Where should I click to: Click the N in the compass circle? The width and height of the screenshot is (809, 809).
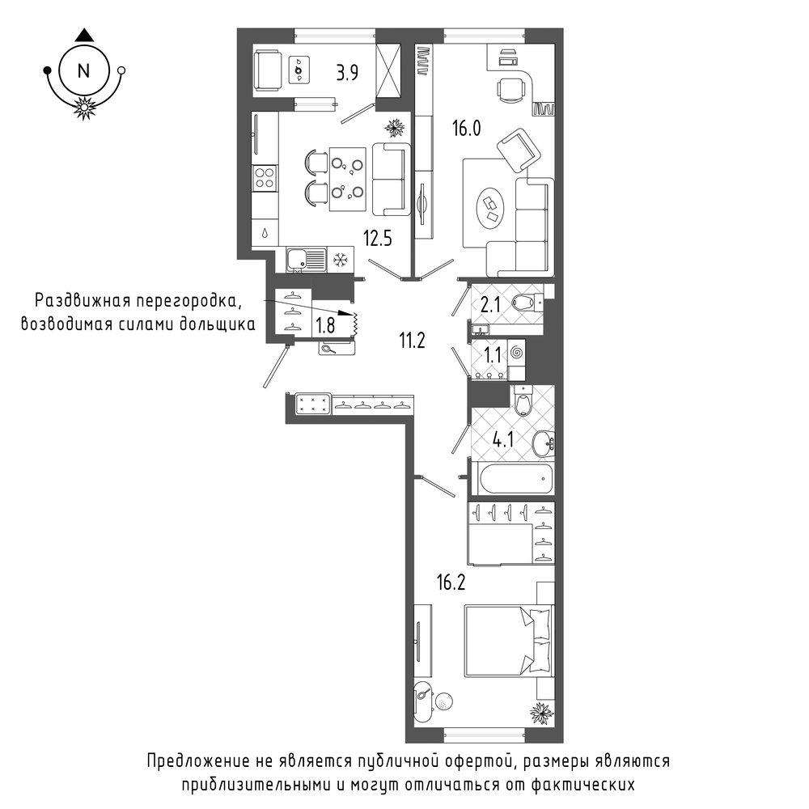tap(83, 70)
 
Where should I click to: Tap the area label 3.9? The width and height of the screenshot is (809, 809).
tap(347, 73)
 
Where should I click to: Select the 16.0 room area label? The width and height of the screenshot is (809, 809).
tap(467, 128)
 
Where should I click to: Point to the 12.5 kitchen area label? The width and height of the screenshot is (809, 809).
tap(378, 239)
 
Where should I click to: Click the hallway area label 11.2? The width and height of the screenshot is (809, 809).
tap(412, 341)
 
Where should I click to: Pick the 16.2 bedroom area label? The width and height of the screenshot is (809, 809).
tap(451, 582)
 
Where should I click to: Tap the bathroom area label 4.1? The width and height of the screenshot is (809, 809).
tap(503, 440)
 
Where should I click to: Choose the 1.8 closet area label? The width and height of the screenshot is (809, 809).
tap(325, 325)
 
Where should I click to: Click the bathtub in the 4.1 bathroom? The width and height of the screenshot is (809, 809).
tap(516, 478)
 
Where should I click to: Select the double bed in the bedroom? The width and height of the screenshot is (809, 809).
tap(509, 640)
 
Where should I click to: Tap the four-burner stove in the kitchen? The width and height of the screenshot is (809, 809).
tap(265, 178)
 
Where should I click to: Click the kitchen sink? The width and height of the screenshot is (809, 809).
tap(307, 260)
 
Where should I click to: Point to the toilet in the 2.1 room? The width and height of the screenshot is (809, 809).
tap(527, 303)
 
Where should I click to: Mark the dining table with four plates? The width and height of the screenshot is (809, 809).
tap(348, 179)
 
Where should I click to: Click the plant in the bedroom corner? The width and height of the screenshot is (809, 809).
tap(541, 714)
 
